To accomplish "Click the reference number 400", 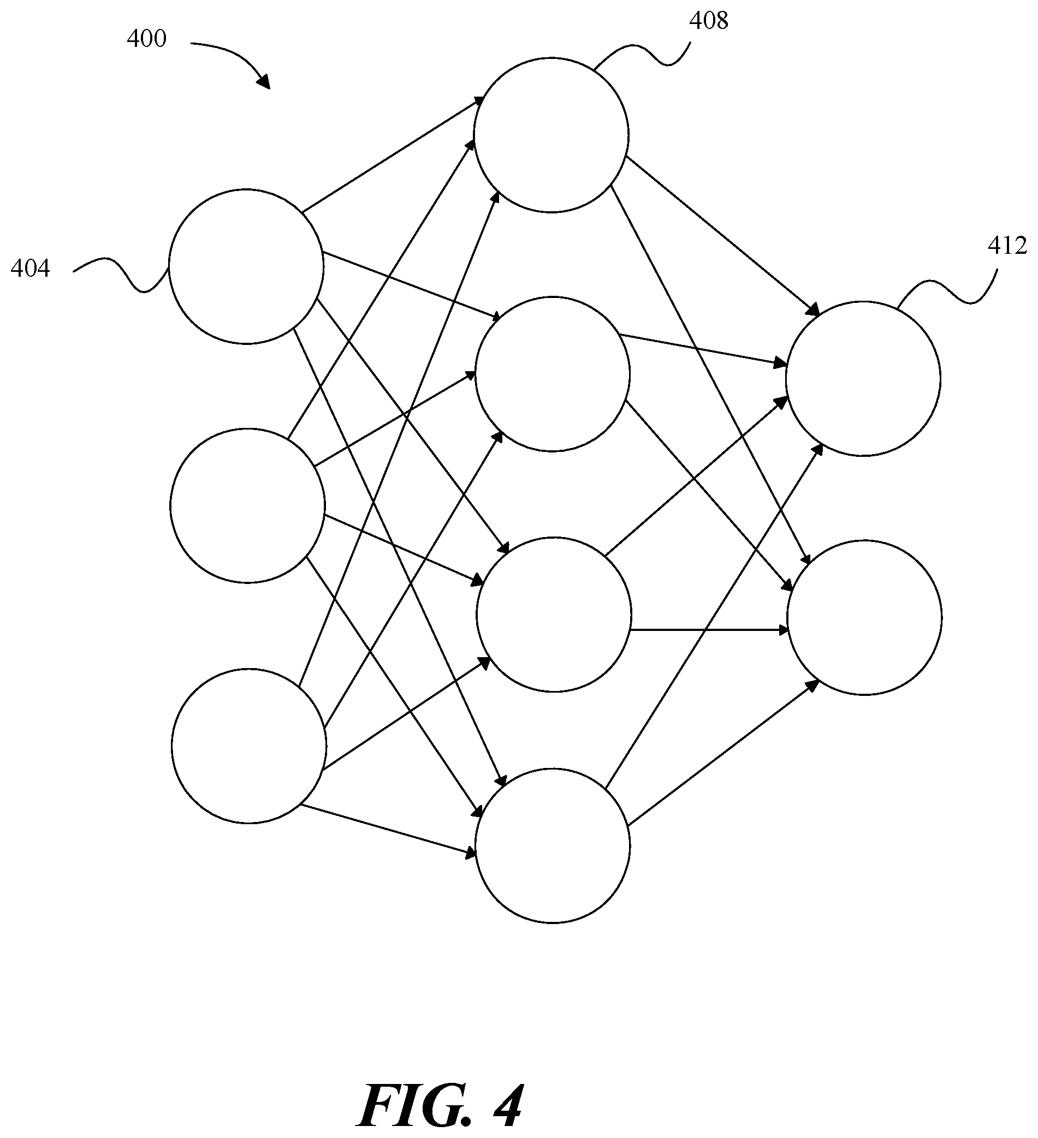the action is (146, 39).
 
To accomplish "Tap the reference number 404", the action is (30, 269).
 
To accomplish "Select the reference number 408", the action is (709, 21).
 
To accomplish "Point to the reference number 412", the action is (1007, 246).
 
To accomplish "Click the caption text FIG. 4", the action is (440, 1105).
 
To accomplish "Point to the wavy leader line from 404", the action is (121, 276).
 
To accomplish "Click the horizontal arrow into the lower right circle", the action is (709, 629).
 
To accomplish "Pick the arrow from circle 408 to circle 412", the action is (722, 235).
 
